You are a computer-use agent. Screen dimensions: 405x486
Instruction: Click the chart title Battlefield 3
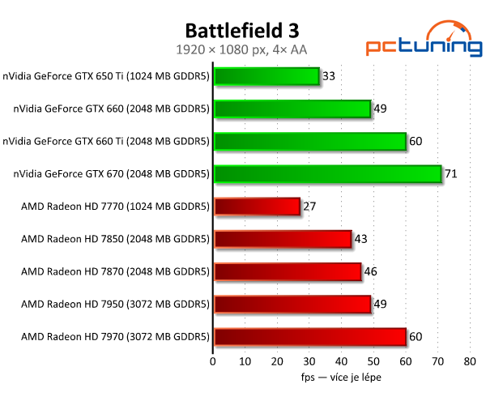(242, 31)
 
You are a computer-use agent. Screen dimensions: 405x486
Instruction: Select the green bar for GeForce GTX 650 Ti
(266, 77)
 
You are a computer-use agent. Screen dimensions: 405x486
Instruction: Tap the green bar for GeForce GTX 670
(327, 174)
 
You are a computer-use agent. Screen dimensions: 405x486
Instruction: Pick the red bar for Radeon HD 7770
(257, 207)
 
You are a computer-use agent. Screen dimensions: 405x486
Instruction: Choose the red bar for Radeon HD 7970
(309, 336)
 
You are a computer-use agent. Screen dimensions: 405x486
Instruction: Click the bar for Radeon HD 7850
(282, 239)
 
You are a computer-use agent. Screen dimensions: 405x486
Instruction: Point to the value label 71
(450, 174)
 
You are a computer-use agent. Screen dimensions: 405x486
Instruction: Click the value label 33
(329, 77)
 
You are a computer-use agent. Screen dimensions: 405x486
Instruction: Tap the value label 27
(309, 207)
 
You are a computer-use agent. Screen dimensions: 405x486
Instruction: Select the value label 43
(360, 239)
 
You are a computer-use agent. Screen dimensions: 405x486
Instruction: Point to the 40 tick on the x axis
(341, 361)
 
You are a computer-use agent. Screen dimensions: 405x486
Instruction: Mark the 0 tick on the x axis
(213, 361)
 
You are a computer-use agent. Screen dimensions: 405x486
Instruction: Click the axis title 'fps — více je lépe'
(341, 377)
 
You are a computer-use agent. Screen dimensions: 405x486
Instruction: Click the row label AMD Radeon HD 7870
(116, 271)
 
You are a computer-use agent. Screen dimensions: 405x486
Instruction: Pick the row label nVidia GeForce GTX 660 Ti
(106, 142)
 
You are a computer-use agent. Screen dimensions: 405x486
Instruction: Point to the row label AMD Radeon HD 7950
(116, 304)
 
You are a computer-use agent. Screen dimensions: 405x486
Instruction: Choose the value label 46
(370, 271)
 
